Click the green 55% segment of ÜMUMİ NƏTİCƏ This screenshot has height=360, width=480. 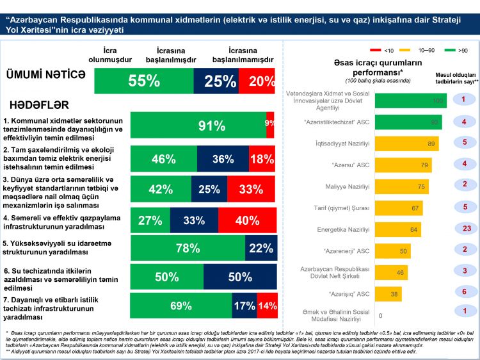coord(144,81)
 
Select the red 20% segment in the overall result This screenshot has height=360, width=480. coord(262,81)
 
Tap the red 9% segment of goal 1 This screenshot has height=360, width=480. coord(270,125)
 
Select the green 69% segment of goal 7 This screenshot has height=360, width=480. coord(182,306)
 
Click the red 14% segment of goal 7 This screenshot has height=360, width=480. coord(267,306)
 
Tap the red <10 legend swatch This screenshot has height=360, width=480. coord(376,49)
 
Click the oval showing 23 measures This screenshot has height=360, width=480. coord(459,229)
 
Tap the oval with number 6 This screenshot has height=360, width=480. coord(459,291)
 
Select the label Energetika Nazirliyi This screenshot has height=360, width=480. coord(344,229)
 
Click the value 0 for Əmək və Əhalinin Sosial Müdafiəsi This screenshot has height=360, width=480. coord(380,315)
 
